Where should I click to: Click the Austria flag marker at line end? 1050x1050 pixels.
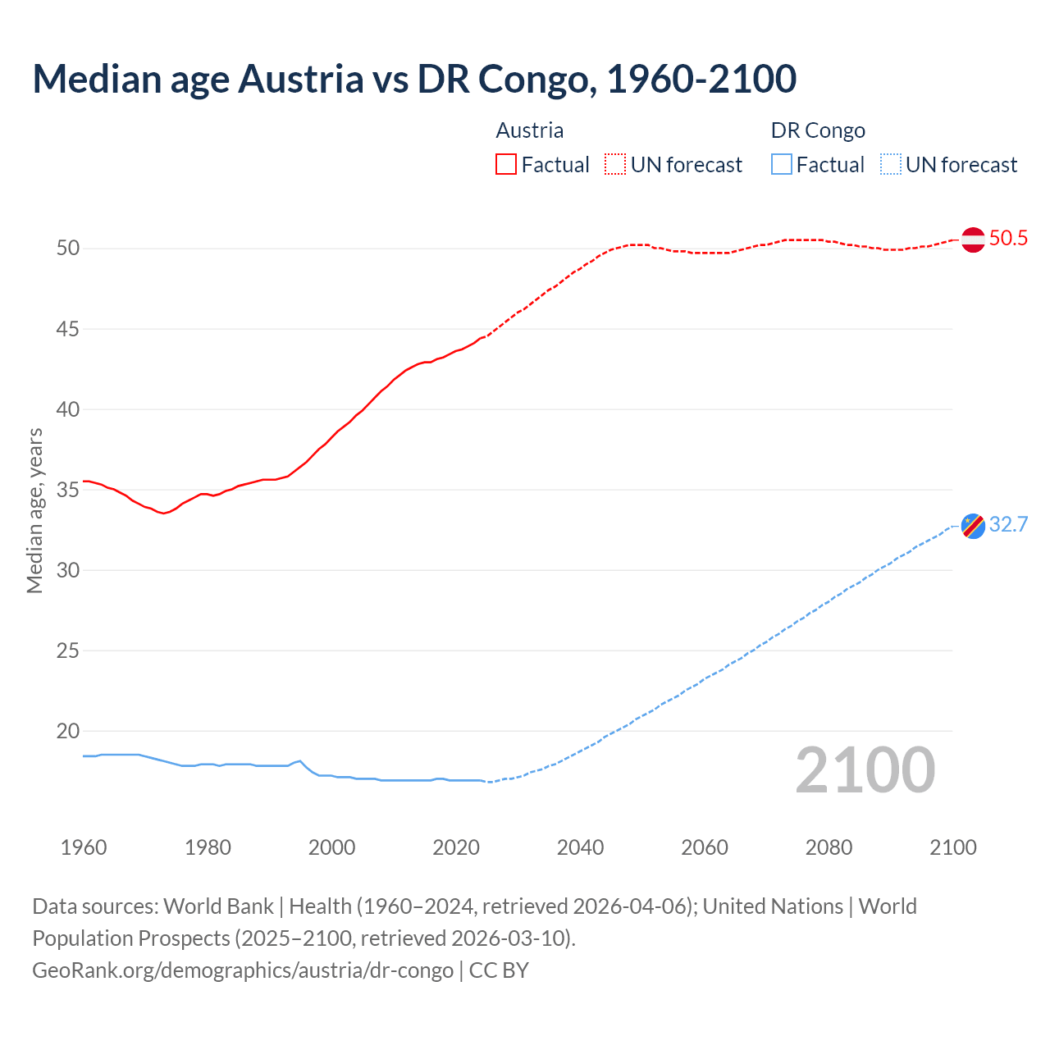pyautogui.click(x=973, y=240)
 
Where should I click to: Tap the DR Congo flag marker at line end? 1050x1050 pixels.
pyautogui.click(x=973, y=526)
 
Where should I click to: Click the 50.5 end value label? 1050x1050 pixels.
pyautogui.click(x=1008, y=239)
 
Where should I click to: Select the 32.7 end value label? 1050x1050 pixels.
pyautogui.click(x=1008, y=525)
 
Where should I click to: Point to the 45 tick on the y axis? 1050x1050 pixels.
pyautogui.click(x=68, y=329)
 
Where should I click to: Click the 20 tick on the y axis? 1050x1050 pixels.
pyautogui.click(x=68, y=731)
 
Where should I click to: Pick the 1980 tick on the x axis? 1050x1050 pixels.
pyautogui.click(x=208, y=847)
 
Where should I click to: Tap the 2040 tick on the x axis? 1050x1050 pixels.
pyautogui.click(x=580, y=847)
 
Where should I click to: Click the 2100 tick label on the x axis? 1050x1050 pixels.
pyautogui.click(x=952, y=847)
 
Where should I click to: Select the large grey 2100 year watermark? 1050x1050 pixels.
pyautogui.click(x=865, y=770)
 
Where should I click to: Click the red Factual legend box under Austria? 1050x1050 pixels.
pyautogui.click(x=506, y=164)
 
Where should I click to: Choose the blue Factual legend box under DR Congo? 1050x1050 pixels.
pyautogui.click(x=782, y=164)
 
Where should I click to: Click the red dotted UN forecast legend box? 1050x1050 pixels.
pyautogui.click(x=615, y=164)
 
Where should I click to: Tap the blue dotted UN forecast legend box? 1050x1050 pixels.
pyautogui.click(x=890, y=164)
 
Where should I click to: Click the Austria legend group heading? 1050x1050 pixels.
pyautogui.click(x=530, y=130)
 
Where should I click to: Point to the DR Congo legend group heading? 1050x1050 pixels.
pyautogui.click(x=818, y=130)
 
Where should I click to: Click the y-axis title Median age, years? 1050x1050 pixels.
pyautogui.click(x=34, y=510)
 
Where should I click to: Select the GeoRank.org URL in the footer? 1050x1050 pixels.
pyautogui.click(x=243, y=970)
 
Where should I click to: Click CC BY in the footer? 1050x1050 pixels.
pyautogui.click(x=499, y=970)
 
